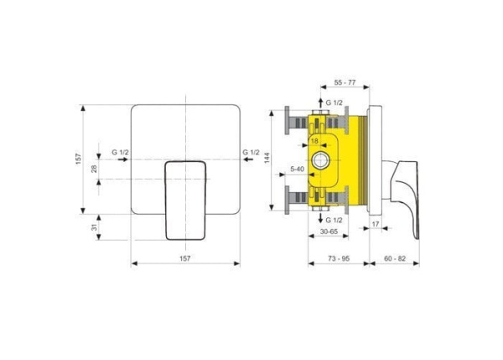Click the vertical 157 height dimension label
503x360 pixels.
pyautogui.click(x=79, y=159)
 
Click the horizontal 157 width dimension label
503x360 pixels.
pyautogui.click(x=184, y=258)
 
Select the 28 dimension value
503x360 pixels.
pyautogui.click(x=94, y=169)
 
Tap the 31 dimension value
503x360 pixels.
pyautogui.click(x=94, y=227)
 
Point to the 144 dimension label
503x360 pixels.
pyautogui.click(x=267, y=158)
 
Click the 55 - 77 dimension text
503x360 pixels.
pyautogui.click(x=345, y=82)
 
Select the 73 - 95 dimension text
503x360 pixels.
pyautogui.click(x=339, y=258)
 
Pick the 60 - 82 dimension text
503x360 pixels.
pyautogui.click(x=395, y=258)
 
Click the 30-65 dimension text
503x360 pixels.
pyautogui.click(x=329, y=232)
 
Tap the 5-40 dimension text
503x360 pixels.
pyautogui.click(x=297, y=169)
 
